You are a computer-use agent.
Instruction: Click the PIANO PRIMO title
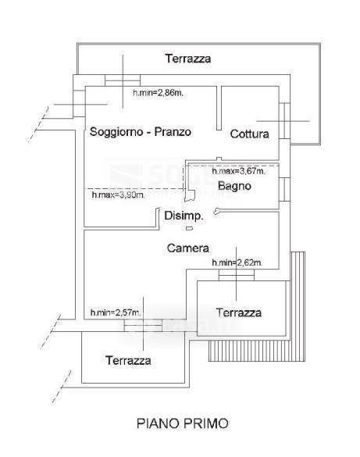[x=182, y=423]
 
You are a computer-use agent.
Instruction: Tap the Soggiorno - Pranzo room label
[x=141, y=132]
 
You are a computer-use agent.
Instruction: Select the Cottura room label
[x=249, y=134]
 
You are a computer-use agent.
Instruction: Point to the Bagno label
[x=234, y=186]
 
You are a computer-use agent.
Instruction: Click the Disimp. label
[x=184, y=216]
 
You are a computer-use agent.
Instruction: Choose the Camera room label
[x=188, y=248]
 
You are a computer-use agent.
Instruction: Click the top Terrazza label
[x=188, y=59]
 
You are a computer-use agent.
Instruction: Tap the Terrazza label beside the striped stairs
[x=239, y=312]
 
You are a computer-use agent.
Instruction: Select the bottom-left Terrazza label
[x=128, y=361]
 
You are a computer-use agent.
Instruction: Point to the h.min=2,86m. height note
[x=159, y=93]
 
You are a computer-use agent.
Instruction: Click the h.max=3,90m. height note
[x=118, y=195]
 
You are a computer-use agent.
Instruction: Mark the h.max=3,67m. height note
[x=238, y=171]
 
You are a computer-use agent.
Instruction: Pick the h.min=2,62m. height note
[x=237, y=263]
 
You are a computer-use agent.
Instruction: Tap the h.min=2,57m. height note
[x=116, y=312]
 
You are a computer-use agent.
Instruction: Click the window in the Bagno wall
[x=284, y=190]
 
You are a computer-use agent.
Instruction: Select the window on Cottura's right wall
[x=284, y=120]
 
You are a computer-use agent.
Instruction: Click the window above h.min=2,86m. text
[x=123, y=80]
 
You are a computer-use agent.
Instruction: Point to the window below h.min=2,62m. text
[x=237, y=275]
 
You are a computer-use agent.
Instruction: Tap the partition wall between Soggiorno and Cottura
[x=219, y=108]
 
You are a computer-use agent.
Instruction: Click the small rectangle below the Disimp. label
[x=189, y=228]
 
